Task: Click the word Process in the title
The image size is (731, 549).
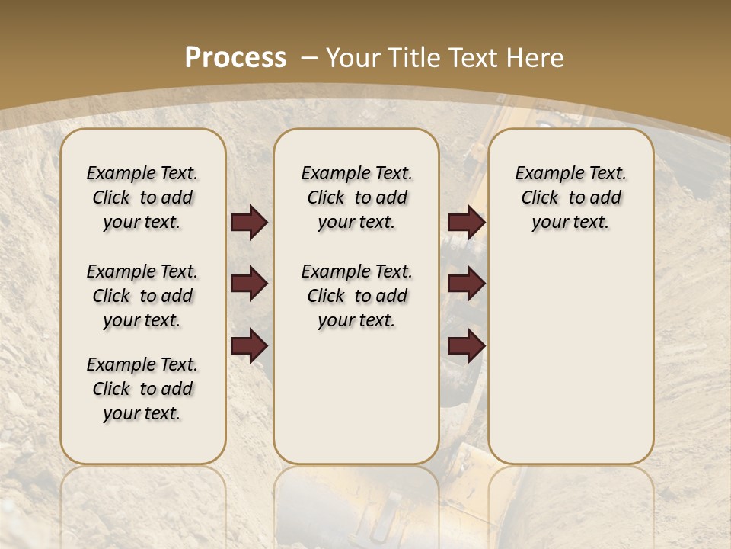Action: (236, 58)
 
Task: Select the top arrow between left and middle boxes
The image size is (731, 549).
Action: (249, 223)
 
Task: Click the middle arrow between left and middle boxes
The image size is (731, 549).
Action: (249, 284)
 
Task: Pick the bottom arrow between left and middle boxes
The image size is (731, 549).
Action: (249, 346)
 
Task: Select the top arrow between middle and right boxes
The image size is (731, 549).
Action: (466, 223)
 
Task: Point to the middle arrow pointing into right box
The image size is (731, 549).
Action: (466, 284)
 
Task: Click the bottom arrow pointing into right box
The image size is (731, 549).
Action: (466, 346)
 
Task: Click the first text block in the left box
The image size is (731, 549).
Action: (142, 197)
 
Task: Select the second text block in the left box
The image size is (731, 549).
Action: (142, 296)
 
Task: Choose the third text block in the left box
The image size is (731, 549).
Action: (142, 389)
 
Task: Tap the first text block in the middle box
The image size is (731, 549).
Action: (356, 197)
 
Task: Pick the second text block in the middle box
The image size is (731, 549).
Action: (356, 296)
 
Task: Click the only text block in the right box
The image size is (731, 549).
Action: (570, 197)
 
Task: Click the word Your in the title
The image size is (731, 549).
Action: (353, 58)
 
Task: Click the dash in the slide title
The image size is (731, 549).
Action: (309, 58)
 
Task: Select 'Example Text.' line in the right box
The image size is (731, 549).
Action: (570, 173)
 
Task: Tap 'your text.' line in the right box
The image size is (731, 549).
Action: (570, 223)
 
